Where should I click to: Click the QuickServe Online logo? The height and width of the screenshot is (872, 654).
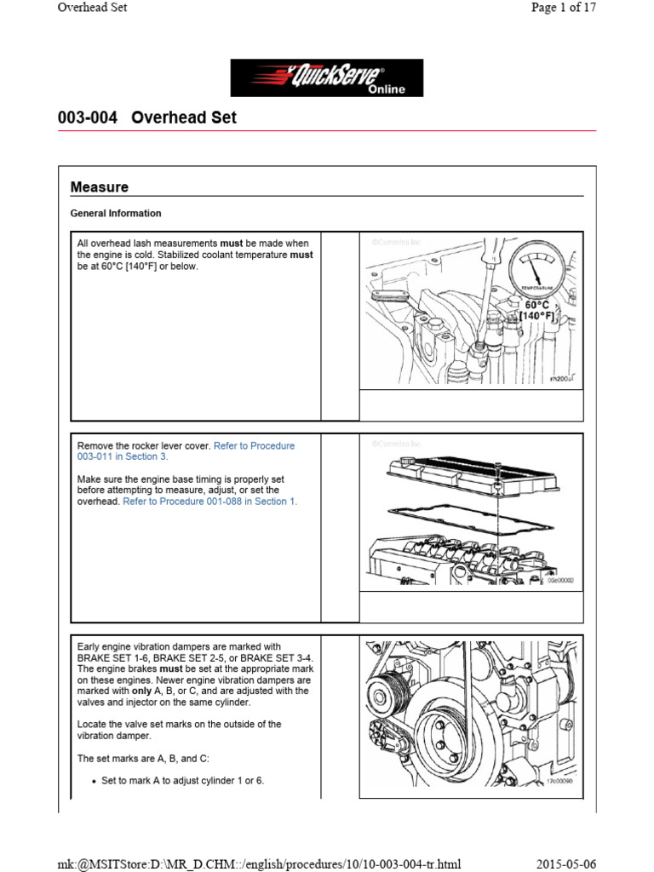click(x=327, y=77)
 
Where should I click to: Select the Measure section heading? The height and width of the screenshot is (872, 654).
click(x=100, y=186)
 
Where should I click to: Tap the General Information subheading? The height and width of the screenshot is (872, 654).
click(x=116, y=213)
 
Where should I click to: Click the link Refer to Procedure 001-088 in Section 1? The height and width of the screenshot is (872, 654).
click(x=210, y=502)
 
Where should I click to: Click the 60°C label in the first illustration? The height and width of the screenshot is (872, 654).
click(x=536, y=304)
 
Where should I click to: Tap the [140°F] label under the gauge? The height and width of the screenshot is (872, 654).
click(x=536, y=316)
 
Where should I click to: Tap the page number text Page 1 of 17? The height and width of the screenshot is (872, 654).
click(x=562, y=8)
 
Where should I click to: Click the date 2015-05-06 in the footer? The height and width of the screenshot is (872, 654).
click(x=566, y=862)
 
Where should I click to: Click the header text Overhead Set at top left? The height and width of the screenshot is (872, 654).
click(x=92, y=8)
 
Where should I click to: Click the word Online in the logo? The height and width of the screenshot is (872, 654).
click(x=387, y=89)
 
